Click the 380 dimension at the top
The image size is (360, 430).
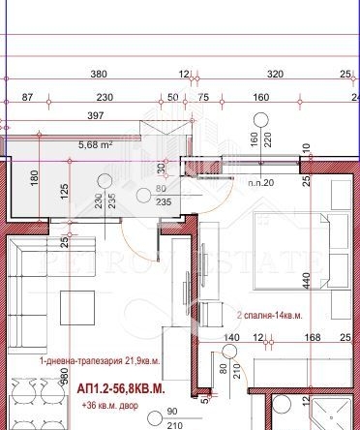tap(98, 74)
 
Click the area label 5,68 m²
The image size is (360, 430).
tap(96, 147)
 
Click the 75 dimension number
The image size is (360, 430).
tap(203, 97)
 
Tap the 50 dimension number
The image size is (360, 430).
tap(173, 97)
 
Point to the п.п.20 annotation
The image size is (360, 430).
tap(260, 182)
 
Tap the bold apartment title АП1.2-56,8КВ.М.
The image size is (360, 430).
tap(121, 388)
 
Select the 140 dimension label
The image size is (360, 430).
tap(231, 338)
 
